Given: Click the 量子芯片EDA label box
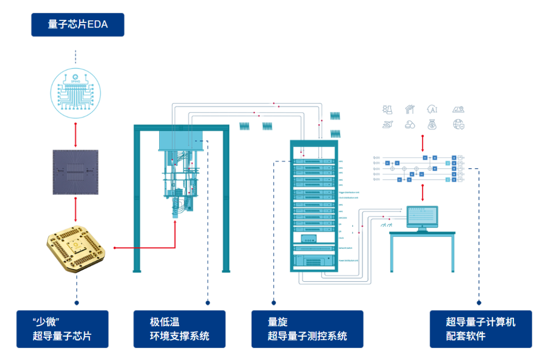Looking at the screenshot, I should [x=78, y=24].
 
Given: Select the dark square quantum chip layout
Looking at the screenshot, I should [x=75, y=172].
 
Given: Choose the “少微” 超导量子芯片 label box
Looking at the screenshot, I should [x=62, y=329].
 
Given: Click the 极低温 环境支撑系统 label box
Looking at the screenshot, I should [x=179, y=329].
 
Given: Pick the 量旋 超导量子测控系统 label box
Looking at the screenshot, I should [x=307, y=329].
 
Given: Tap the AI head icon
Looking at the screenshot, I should [x=432, y=109].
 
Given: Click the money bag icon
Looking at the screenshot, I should [x=432, y=124].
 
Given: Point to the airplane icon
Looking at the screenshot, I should [x=388, y=124].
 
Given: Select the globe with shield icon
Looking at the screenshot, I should [x=459, y=124].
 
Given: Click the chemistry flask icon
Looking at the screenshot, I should [x=388, y=109].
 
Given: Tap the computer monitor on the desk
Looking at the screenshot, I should [x=422, y=218].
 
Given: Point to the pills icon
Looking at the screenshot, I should [x=409, y=124].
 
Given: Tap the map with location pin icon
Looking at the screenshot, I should [x=459, y=109].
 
